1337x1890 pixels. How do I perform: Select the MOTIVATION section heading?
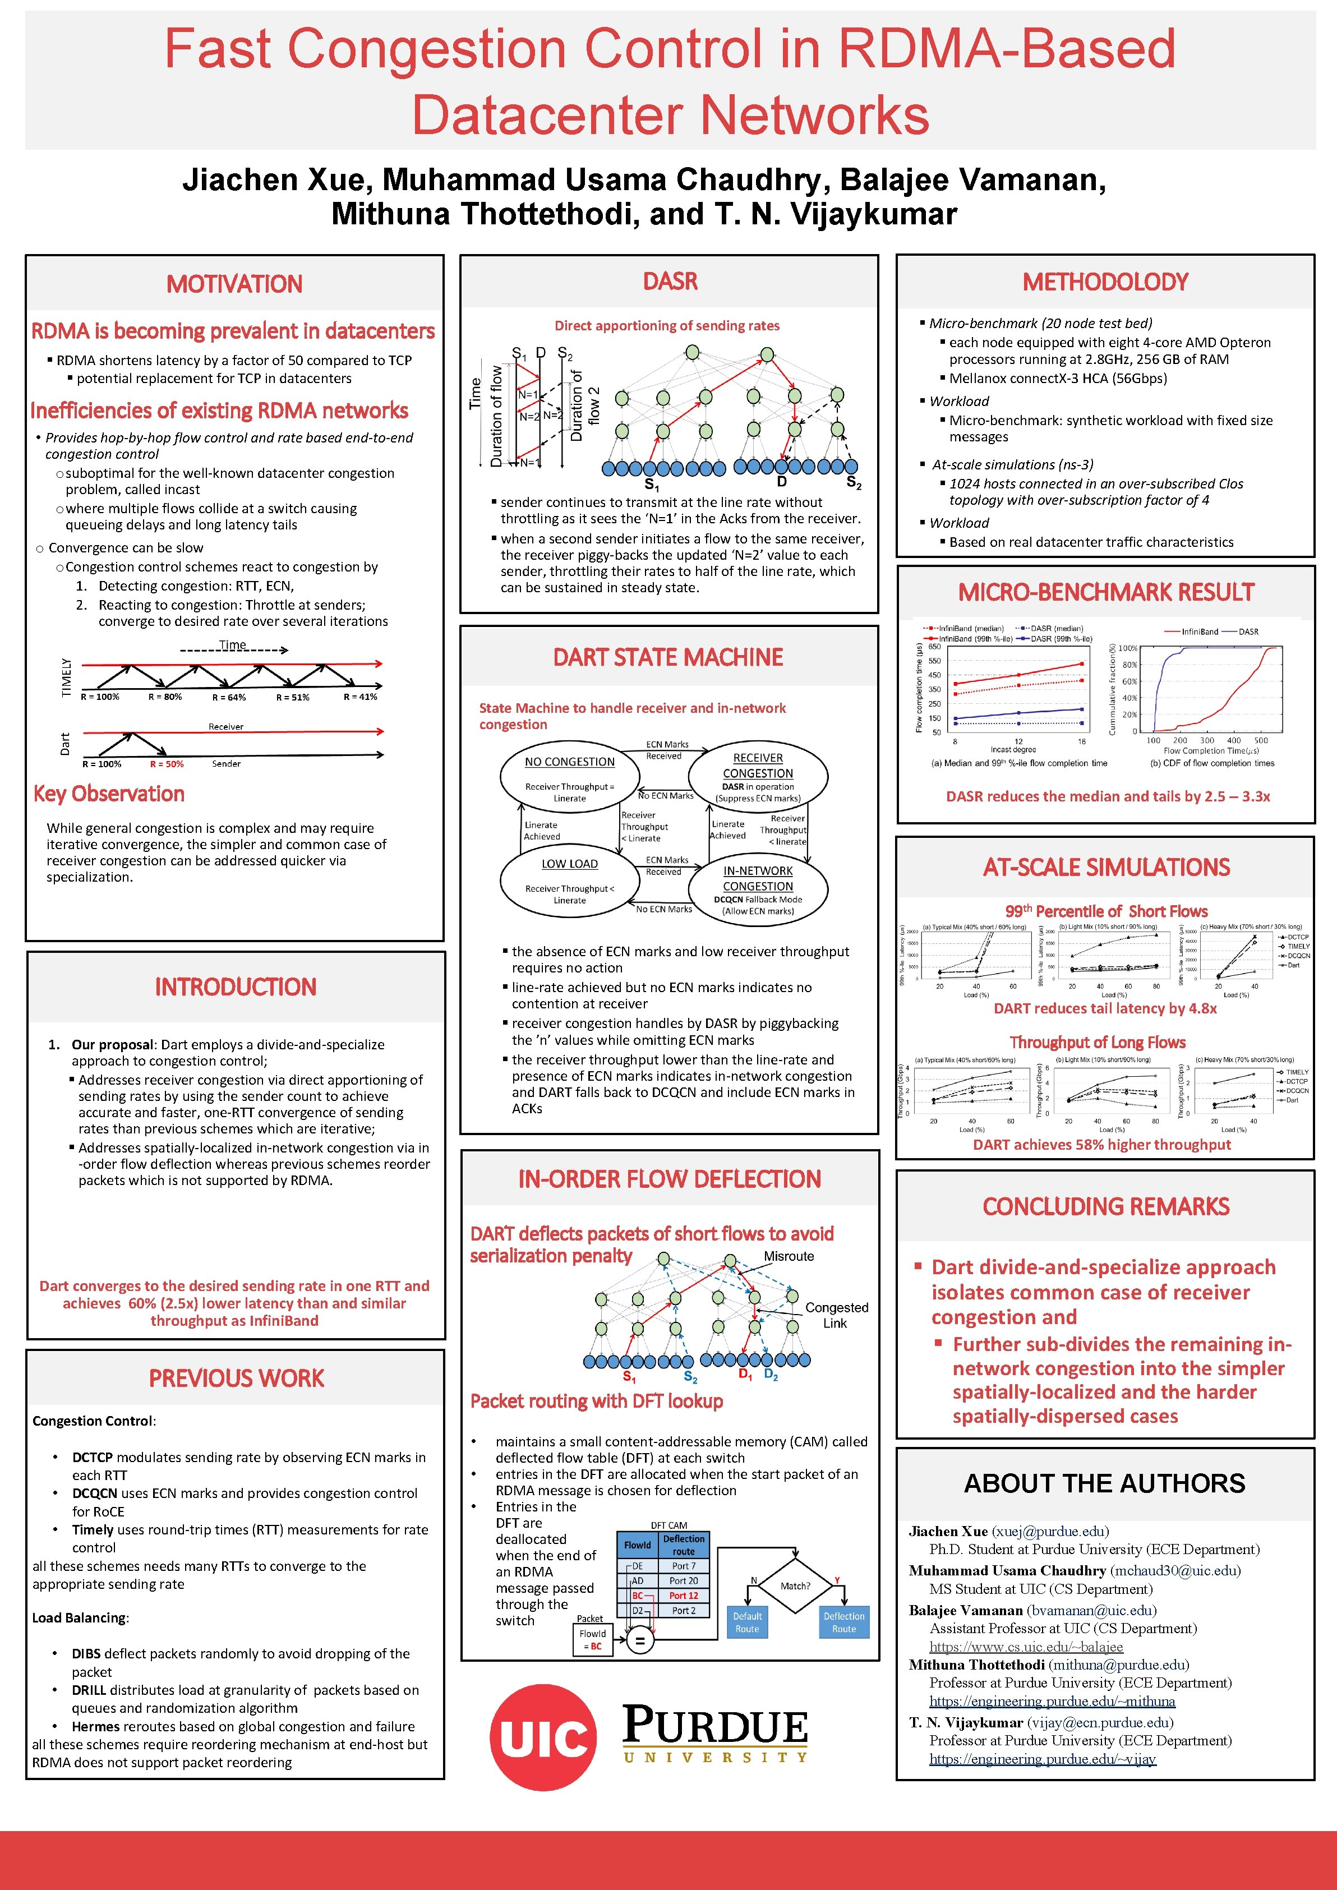pos(234,284)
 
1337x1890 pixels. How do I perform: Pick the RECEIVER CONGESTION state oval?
pos(758,776)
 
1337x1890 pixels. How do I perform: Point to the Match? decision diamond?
pos(795,1585)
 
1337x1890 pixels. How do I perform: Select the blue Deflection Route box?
pos(844,1622)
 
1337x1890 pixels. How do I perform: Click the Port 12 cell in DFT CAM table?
pos(683,1596)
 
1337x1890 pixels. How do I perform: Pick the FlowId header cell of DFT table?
pos(637,1545)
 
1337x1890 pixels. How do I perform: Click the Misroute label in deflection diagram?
pos(789,1256)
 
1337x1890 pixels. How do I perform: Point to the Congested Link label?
pos(836,1315)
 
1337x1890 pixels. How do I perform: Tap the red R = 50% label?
pos(167,764)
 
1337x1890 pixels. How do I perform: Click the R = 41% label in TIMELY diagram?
pos(360,697)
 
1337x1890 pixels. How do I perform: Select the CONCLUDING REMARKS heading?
pos(1105,1207)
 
